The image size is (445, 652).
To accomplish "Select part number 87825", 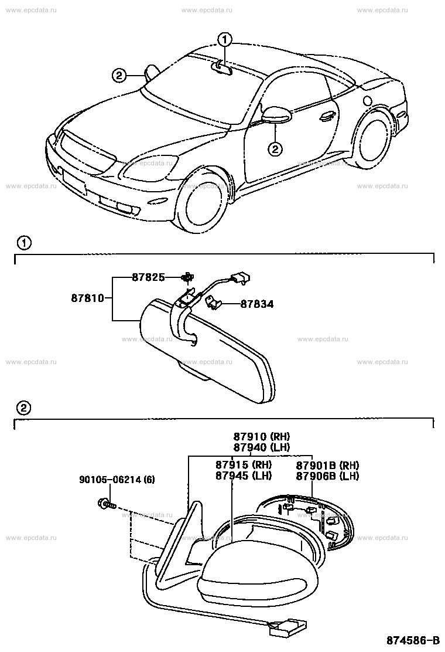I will pos(148,277).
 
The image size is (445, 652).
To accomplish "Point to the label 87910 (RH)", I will pos(262,436).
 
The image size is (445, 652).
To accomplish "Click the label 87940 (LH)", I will pos(262,447).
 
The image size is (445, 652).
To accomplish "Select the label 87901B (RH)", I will pos(327,464).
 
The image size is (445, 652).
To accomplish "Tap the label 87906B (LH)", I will pos(327,476).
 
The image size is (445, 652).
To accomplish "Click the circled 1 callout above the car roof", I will pos(225,40).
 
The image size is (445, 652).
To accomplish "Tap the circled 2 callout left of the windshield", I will pos(119,75).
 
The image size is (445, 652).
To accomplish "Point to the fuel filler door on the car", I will pos(367,100).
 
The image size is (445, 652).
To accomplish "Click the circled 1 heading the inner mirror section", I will pos(23,242).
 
